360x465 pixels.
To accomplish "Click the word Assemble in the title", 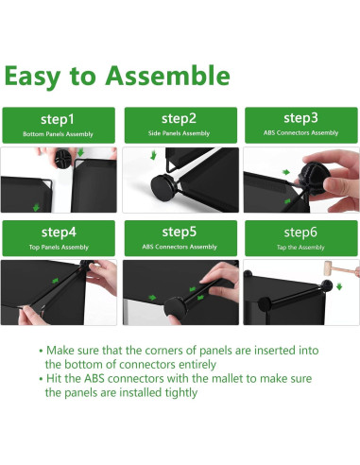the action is pos(167,76).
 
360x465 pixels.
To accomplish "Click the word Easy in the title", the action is pos(32,77).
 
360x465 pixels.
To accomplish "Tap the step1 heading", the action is pos(58,119).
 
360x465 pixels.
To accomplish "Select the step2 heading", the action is pos(179,119).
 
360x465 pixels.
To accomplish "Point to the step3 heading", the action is pos(300,118).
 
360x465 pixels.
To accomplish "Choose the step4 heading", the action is pos(59,232).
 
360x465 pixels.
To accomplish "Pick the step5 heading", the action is pos(180,232).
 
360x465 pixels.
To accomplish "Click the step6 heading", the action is pos(300,232).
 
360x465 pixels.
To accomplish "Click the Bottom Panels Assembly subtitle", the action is pos(58,134).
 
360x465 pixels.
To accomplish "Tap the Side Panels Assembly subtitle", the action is pos(179,133).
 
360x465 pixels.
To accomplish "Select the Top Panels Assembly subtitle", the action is pos(59,248).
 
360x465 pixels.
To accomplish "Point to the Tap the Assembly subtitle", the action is pos(300,248).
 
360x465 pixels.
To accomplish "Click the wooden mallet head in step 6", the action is pos(328,268).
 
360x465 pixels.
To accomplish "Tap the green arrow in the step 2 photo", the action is pos(153,155).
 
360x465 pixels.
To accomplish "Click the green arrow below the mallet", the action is pos(339,286).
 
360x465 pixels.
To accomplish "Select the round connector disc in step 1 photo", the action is pos(64,158).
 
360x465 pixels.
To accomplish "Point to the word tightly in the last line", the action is pos(181,393).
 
